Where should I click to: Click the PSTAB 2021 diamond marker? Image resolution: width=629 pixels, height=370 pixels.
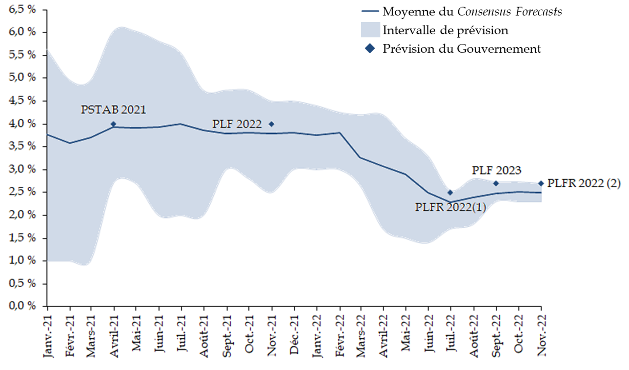pyautogui.click(x=113, y=124)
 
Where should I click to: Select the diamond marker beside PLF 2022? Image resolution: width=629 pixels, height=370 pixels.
pyautogui.click(x=272, y=124)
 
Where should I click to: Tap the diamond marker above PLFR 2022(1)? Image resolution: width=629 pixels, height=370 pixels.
pyautogui.click(x=450, y=192)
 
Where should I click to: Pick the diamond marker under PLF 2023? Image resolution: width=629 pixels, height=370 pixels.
pyautogui.click(x=496, y=183)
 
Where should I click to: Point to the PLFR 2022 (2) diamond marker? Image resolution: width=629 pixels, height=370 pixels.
pyautogui.click(x=541, y=183)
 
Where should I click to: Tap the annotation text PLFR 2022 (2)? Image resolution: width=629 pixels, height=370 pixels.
pyautogui.click(x=584, y=183)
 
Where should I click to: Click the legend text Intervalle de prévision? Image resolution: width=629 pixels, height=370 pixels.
pyautogui.click(x=445, y=30)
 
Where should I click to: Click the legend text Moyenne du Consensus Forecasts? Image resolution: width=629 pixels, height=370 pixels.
pyautogui.click(x=472, y=11)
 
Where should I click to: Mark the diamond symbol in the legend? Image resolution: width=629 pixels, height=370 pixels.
pyautogui.click(x=369, y=49)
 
